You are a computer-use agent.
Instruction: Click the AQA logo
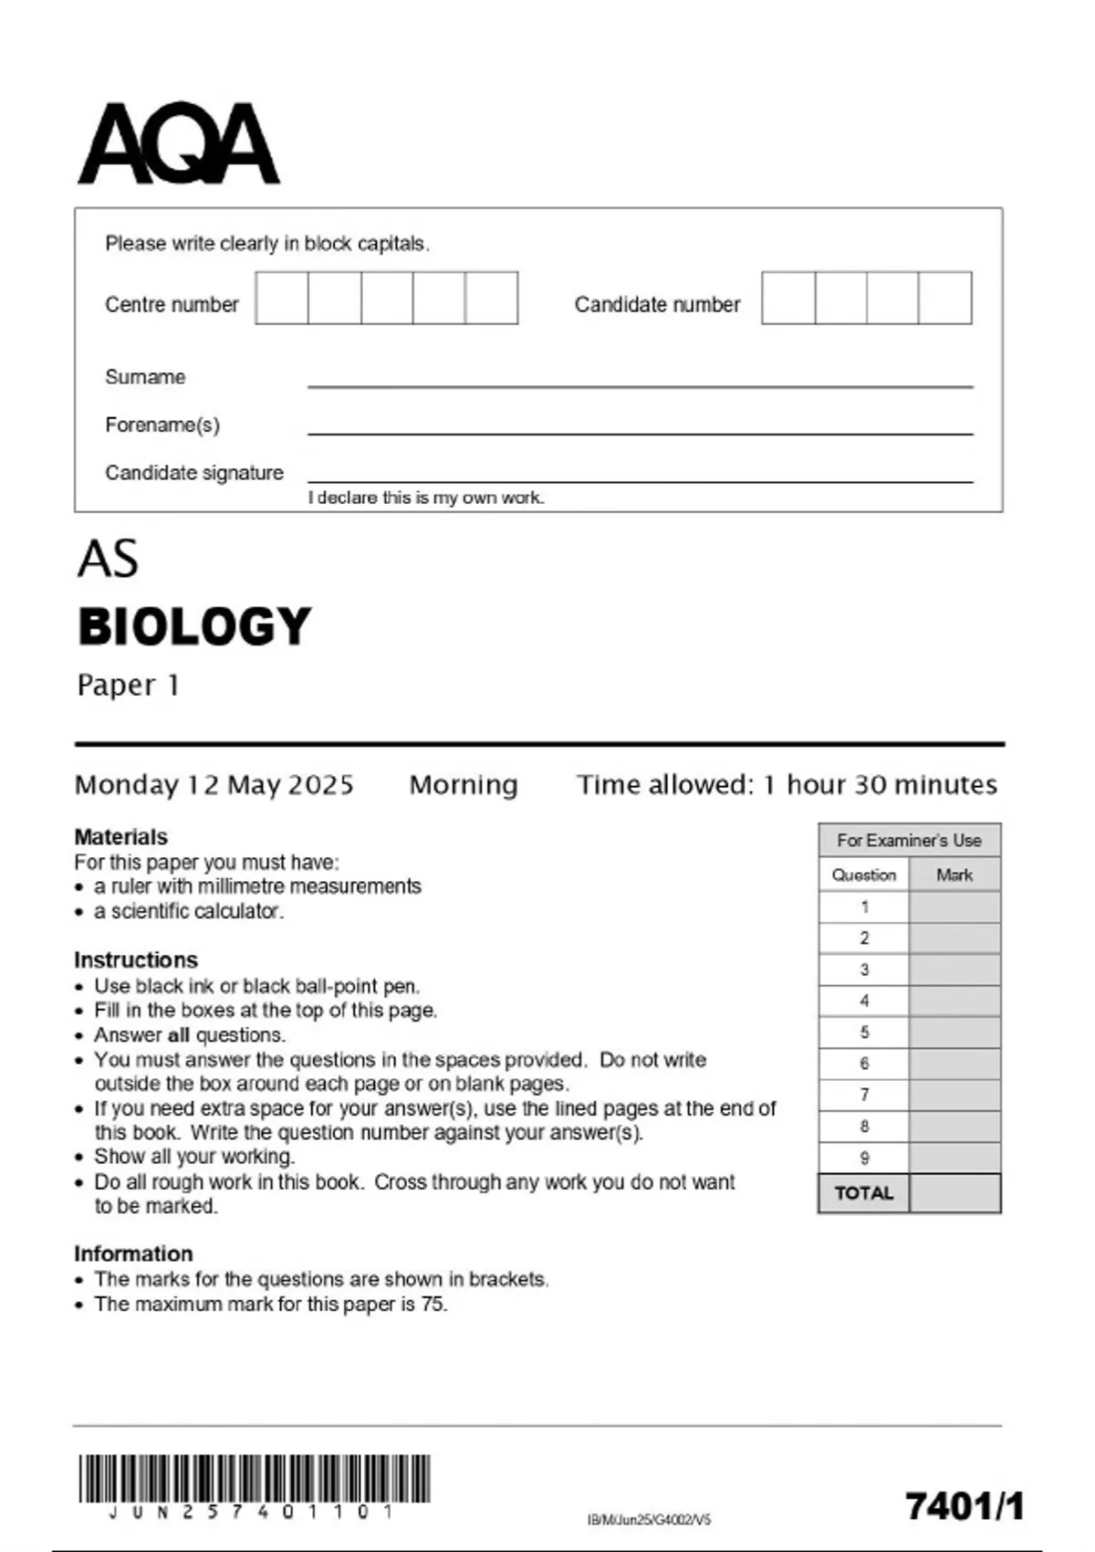pyautogui.click(x=179, y=144)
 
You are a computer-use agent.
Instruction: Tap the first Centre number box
pyautogui.click(x=282, y=298)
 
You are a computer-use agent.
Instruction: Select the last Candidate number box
pyautogui.click(x=945, y=298)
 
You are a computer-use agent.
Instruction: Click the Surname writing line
pyautogui.click(x=639, y=385)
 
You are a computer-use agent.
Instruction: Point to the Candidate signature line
pyautogui.click(x=639, y=480)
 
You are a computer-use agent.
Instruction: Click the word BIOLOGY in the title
pyautogui.click(x=194, y=626)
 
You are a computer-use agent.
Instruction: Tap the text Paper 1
pyautogui.click(x=128, y=685)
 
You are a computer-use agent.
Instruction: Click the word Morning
pyautogui.click(x=464, y=785)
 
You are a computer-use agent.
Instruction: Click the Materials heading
pyautogui.click(x=120, y=836)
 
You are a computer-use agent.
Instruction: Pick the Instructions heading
pyautogui.click(x=135, y=960)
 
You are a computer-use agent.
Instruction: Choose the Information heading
pyautogui.click(x=133, y=1253)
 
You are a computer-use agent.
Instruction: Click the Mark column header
pyautogui.click(x=954, y=875)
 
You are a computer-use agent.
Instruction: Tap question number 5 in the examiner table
pyautogui.click(x=864, y=1033)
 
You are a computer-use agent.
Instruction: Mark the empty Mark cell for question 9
pyautogui.click(x=954, y=1158)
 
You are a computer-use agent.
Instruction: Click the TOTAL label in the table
pyautogui.click(x=863, y=1193)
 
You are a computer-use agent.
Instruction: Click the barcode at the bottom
pyautogui.click(x=254, y=1479)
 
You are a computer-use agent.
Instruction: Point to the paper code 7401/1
pyautogui.click(x=965, y=1506)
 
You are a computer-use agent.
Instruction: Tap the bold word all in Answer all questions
pyautogui.click(x=179, y=1035)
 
